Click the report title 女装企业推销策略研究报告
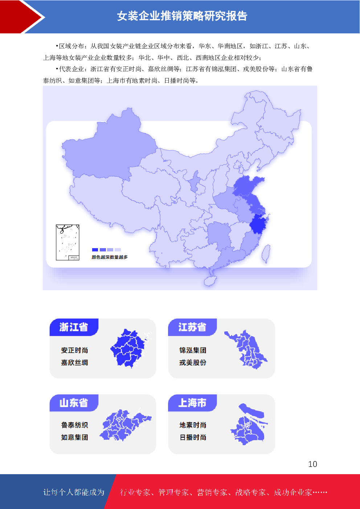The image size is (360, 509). click(182, 16)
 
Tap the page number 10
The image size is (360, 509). click(312, 464)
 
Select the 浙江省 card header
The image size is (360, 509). click(74, 327)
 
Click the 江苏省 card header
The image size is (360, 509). click(192, 327)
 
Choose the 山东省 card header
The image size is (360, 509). click(74, 403)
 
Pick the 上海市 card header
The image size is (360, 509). click(192, 403)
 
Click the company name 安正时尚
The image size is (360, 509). click(74, 350)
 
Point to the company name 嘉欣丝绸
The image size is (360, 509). click(74, 363)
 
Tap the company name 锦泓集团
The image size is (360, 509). click(193, 350)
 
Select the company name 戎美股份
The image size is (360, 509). click(193, 363)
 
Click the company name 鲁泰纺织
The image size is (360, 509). click(74, 425)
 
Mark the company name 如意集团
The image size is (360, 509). click(74, 438)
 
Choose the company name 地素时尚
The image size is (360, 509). click(193, 425)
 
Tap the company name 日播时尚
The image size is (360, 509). click(193, 438)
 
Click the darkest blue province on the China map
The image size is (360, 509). click(258, 224)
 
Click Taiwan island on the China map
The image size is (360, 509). click(266, 253)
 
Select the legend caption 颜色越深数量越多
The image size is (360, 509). click(110, 257)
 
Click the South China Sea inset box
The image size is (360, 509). click(67, 242)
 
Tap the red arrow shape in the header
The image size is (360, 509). click(22, 16)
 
